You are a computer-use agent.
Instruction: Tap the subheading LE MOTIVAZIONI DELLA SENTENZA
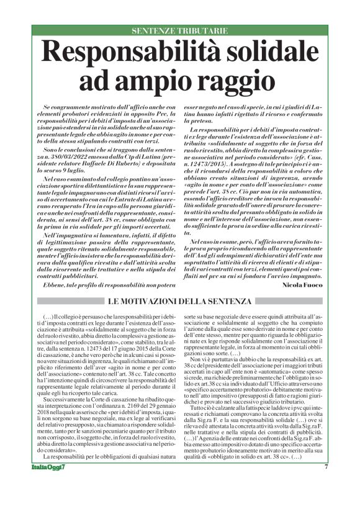click(179, 301)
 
